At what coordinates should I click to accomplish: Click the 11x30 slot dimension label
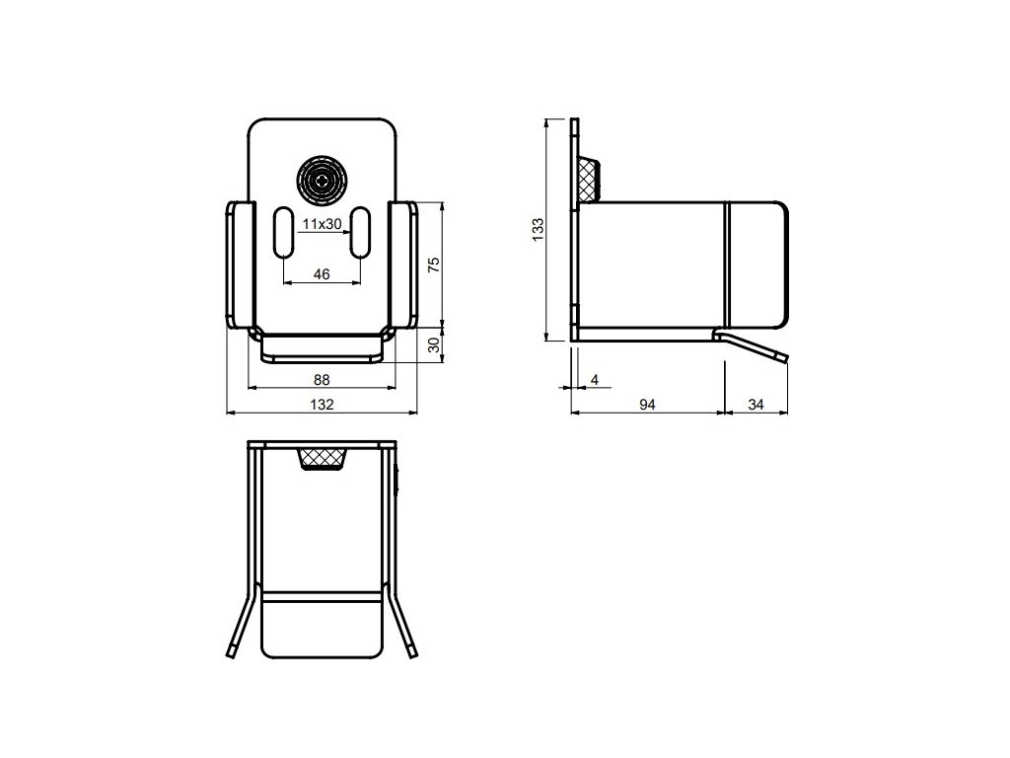click(x=322, y=224)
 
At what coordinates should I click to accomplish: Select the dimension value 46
click(x=322, y=275)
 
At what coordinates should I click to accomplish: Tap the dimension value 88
click(x=322, y=379)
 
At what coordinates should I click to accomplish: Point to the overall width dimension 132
click(x=322, y=404)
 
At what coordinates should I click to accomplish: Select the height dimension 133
click(x=538, y=229)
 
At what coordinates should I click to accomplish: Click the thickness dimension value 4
click(x=594, y=379)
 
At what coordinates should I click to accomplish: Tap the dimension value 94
click(x=647, y=404)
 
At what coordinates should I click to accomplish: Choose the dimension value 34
click(x=757, y=404)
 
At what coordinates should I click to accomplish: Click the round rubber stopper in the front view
click(x=322, y=181)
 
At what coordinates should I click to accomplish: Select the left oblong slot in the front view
click(x=282, y=232)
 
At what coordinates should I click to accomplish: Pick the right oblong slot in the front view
click(x=361, y=232)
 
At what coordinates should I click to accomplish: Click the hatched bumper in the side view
click(x=590, y=178)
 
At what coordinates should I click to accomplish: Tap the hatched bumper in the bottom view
click(x=322, y=459)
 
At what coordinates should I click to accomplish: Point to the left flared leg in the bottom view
click(x=240, y=624)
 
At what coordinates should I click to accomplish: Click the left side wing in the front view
click(x=238, y=265)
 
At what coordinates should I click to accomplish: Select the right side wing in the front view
click(x=404, y=265)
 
